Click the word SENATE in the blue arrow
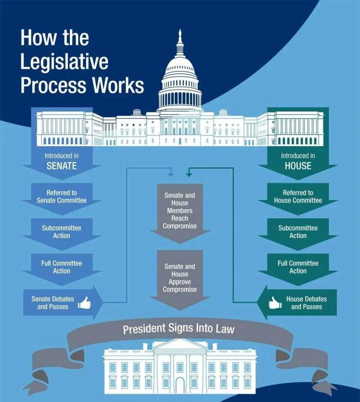click(62, 166)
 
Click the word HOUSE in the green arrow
click(298, 166)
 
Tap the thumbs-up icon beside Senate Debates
click(84, 303)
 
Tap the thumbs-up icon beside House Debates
click(275, 303)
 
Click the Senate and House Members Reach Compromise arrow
click(180, 213)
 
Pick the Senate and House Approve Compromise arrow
click(180, 279)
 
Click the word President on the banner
click(144, 330)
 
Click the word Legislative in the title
click(64, 62)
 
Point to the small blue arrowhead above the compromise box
click(171, 175)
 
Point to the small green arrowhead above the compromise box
click(189, 175)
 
